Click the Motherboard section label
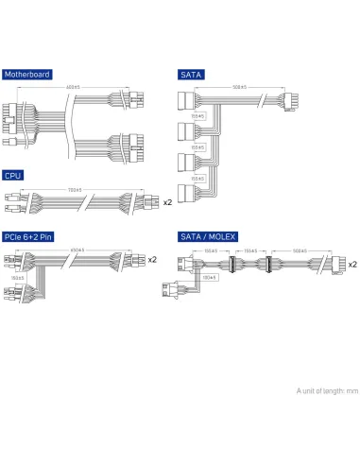coord(27,74)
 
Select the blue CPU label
coord(13,175)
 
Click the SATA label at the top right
coord(192,74)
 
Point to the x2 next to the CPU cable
coord(167,201)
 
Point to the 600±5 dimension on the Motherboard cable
coord(73,87)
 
